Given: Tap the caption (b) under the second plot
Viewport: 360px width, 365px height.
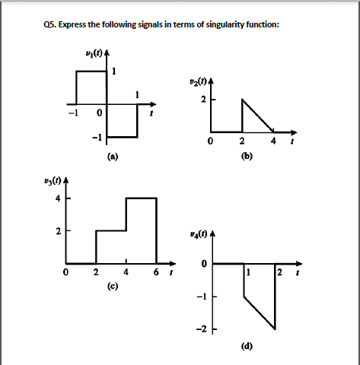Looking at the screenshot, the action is click(x=246, y=156).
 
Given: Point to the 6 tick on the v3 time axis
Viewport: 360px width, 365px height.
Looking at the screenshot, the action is click(x=156, y=272).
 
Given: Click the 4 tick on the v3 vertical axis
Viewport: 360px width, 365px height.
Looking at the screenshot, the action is click(x=56, y=198).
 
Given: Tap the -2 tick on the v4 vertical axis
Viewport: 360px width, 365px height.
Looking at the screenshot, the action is click(x=202, y=329).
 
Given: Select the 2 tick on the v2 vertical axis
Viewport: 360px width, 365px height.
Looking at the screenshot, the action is click(x=204, y=99).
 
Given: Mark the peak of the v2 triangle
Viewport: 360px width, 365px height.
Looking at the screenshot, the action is click(x=242, y=100).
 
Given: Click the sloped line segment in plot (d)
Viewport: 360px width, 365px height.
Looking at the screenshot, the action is click(x=259, y=313).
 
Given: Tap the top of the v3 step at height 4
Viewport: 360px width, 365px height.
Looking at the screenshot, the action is click(x=141, y=198).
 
